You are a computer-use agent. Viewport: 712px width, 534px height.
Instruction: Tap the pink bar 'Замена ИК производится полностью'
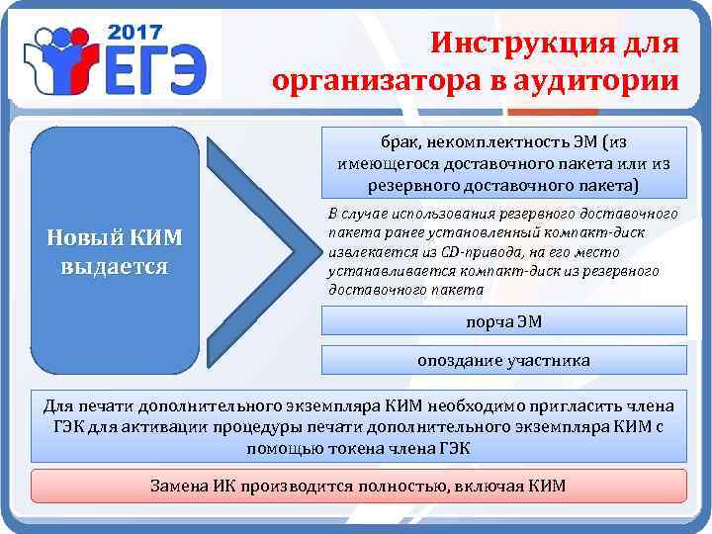358,487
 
